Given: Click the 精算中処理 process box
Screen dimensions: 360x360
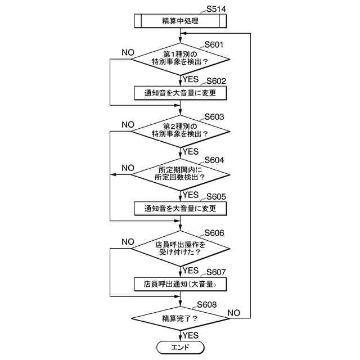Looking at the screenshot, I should pos(180,21).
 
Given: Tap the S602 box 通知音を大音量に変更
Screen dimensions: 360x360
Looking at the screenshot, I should pos(180,92).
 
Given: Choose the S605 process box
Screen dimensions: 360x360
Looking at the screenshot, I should pos(180,208).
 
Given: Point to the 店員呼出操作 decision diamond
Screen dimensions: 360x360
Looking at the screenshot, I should pos(180,248).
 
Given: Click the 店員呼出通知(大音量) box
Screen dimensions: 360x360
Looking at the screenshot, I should pos(180,284).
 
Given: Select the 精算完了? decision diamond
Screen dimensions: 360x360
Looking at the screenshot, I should pos(180,318).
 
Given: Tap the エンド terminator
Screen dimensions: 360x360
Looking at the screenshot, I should pos(180,347).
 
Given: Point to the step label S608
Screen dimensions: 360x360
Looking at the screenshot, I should pos(204,304).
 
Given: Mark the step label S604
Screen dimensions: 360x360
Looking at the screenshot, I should pos(214,160).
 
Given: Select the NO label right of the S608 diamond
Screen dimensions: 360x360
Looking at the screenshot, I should pos(234,312).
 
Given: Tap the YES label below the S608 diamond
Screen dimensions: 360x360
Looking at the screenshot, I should pos(191,335).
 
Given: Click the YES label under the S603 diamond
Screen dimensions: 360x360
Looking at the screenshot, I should pos(191,152).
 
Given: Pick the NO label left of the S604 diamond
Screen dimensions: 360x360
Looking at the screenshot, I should pos(128,168).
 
